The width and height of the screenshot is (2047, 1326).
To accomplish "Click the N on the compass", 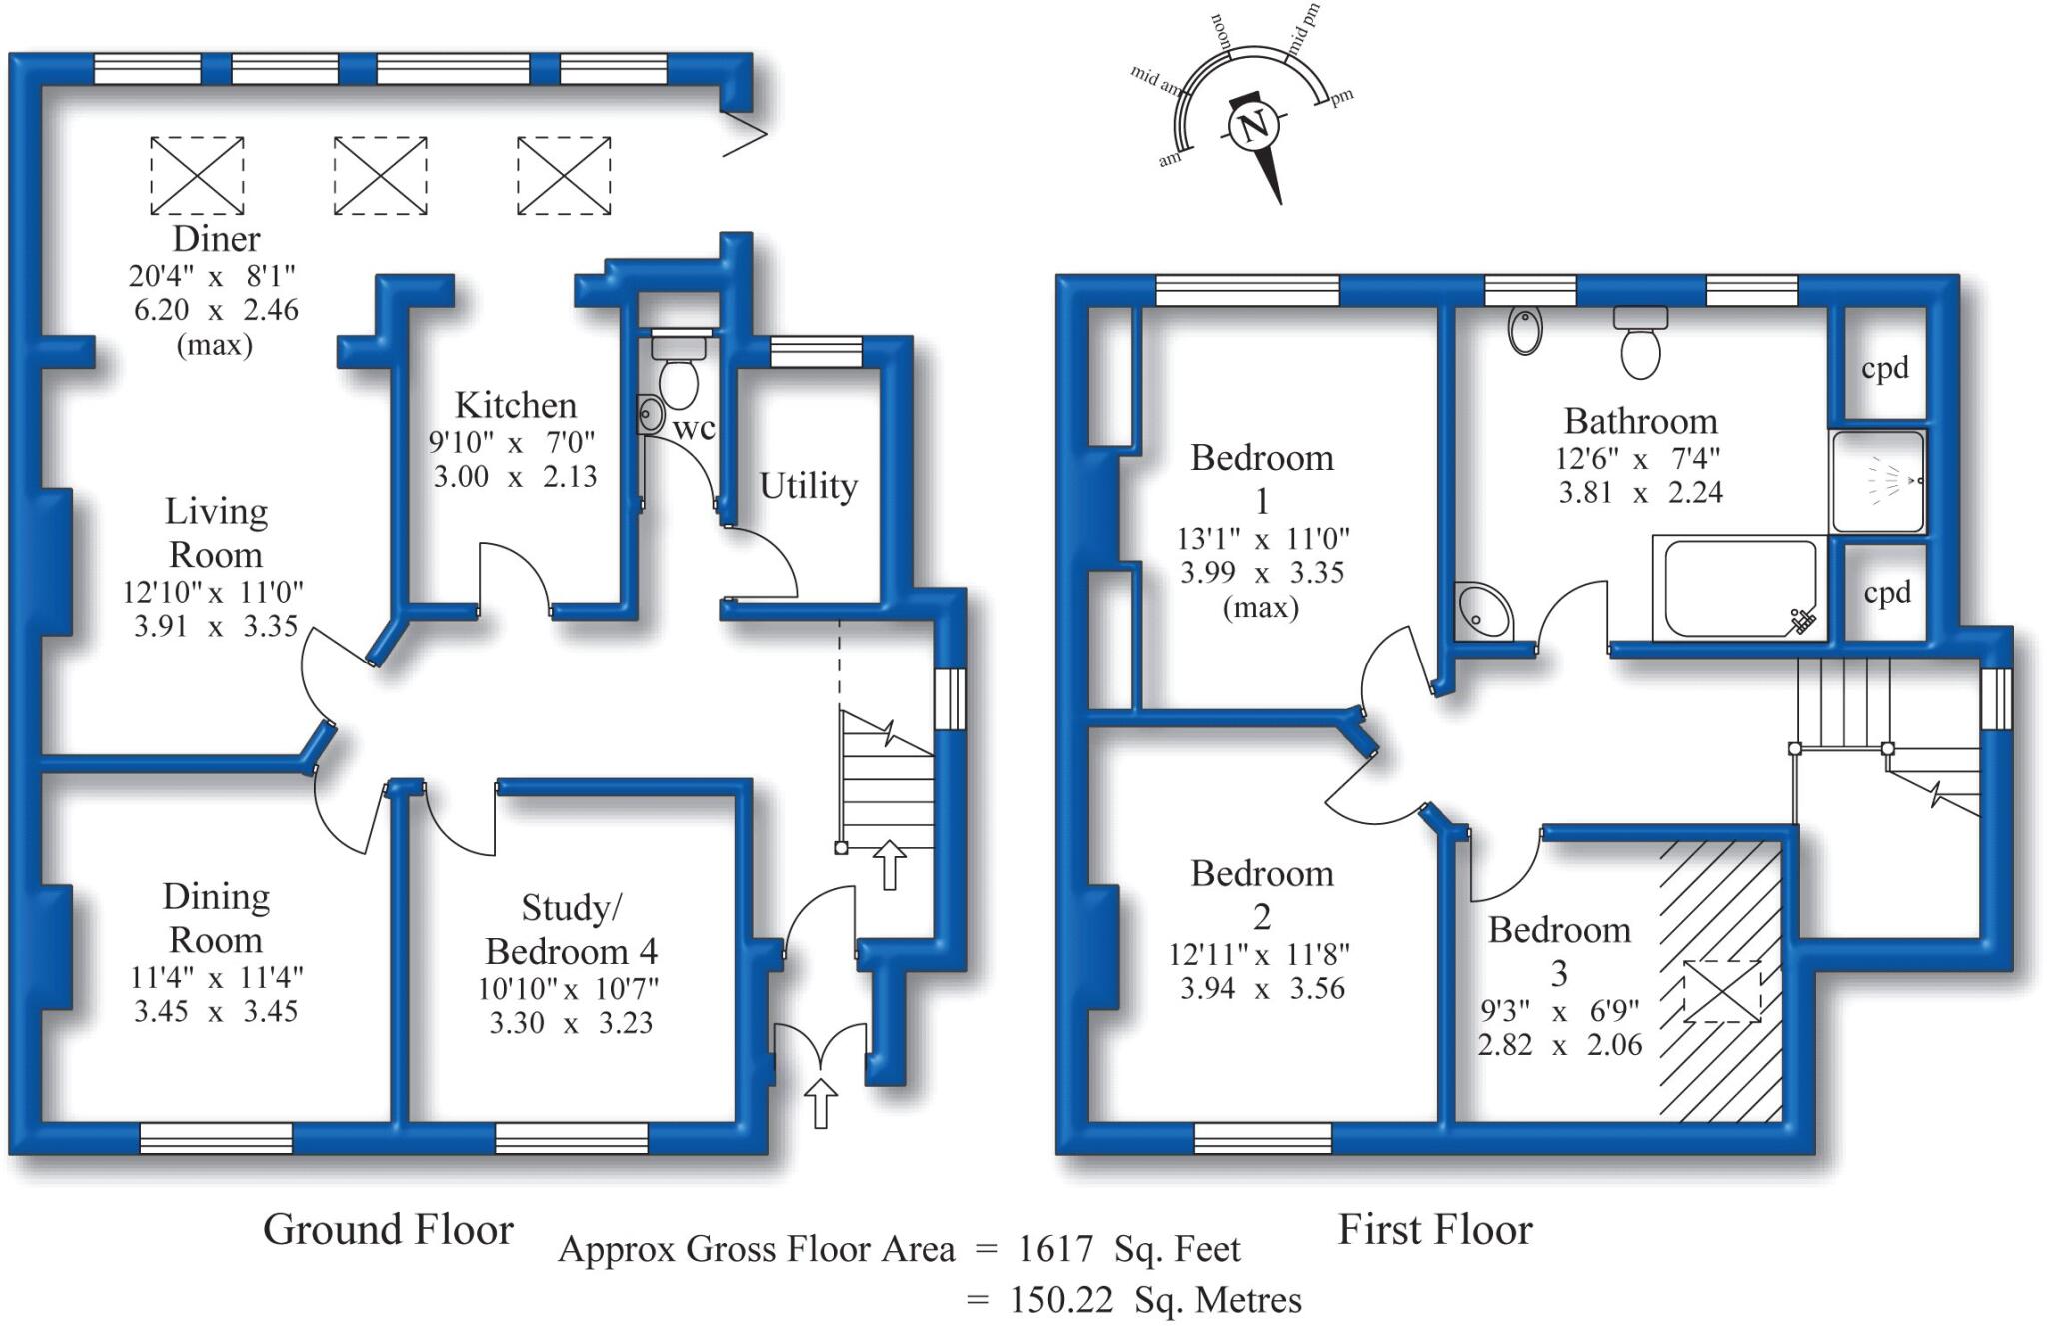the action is (1254, 128).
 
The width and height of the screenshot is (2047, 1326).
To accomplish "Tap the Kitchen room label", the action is (516, 405).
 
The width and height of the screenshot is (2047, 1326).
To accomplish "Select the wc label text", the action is (694, 428).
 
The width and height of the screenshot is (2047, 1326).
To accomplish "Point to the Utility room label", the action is (808, 486).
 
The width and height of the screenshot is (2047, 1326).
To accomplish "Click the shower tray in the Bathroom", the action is (1878, 481).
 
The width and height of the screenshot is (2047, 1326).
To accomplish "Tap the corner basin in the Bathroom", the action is (1483, 610).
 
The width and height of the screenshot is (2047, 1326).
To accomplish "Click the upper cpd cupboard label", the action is (1885, 368).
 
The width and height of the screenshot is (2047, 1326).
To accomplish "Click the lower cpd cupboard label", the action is (1887, 593).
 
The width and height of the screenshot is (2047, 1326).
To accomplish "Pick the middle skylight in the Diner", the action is (380, 176).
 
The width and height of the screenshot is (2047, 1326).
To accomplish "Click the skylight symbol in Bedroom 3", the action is (1723, 991).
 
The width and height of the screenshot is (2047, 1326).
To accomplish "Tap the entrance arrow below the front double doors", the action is (821, 1103).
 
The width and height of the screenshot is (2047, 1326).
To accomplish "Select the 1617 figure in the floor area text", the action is (1058, 1249).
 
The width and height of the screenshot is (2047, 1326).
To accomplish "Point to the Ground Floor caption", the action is (388, 1230).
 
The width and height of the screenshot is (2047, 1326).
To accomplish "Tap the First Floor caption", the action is (1435, 1230).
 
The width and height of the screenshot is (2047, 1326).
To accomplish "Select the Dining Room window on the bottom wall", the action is (216, 1138).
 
